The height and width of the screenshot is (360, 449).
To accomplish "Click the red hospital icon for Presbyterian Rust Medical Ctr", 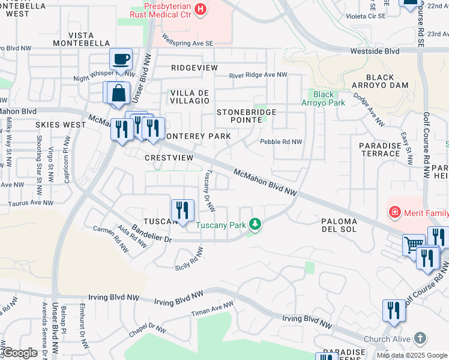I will click(x=201, y=9).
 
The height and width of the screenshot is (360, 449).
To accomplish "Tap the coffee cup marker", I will click(x=121, y=59).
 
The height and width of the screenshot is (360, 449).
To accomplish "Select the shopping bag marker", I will click(x=119, y=93).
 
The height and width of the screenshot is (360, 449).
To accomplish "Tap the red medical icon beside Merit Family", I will click(x=395, y=211).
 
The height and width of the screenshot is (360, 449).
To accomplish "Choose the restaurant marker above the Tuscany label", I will click(x=182, y=210).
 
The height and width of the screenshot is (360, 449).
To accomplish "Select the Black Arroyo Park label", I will click(x=324, y=98).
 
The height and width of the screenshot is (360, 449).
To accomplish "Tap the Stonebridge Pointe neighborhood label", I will click(x=247, y=116).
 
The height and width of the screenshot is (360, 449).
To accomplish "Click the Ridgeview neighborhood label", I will click(x=194, y=68).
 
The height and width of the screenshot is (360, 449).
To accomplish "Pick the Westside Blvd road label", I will click(x=375, y=52).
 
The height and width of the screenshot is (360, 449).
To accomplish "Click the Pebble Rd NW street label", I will click(x=280, y=142).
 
